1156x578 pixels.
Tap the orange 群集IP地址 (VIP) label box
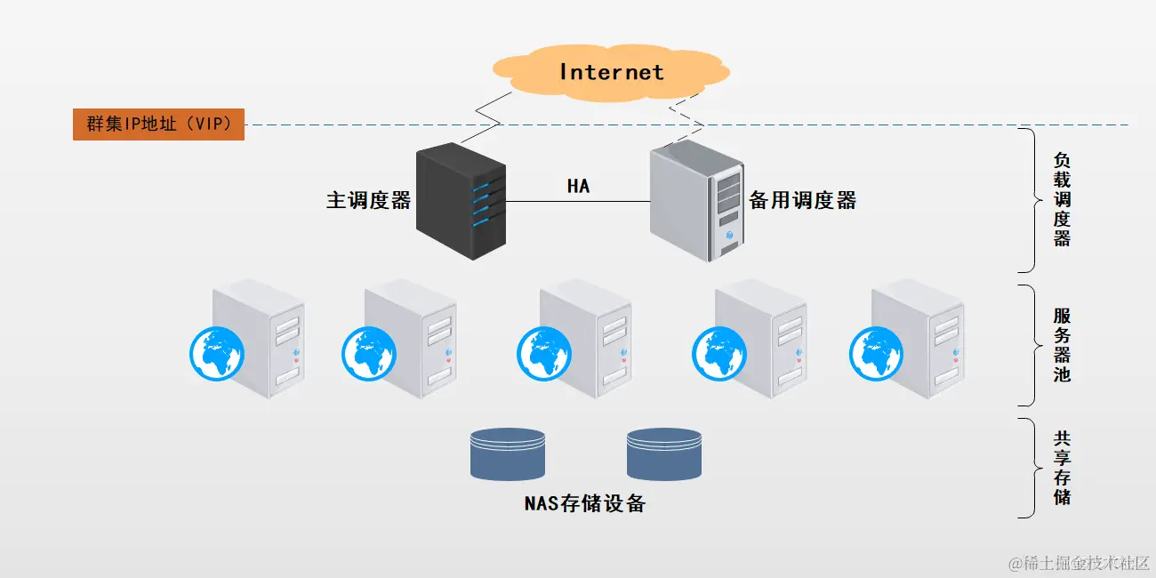[x=158, y=124]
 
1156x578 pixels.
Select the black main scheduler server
[x=462, y=202]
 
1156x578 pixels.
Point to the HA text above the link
[x=578, y=186]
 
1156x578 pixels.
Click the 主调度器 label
[x=368, y=200]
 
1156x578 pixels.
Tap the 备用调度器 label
[x=802, y=200]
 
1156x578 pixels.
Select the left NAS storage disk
[x=507, y=454]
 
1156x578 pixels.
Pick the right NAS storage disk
[x=663, y=454]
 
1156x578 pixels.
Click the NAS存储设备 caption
[x=584, y=503]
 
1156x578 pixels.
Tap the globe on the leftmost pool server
[x=216, y=353]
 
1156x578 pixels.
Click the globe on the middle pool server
[x=544, y=353]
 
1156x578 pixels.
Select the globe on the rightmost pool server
[x=877, y=353]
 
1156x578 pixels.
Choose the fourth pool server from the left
[x=761, y=338]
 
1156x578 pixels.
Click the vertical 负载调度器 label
[x=1062, y=200]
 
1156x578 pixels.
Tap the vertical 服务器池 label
[x=1062, y=345]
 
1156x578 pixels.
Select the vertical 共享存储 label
[x=1062, y=468]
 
